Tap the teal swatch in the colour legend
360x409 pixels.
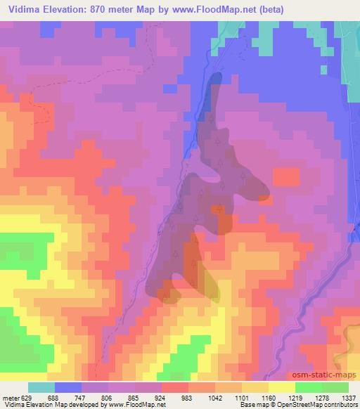[x=42, y=387]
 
